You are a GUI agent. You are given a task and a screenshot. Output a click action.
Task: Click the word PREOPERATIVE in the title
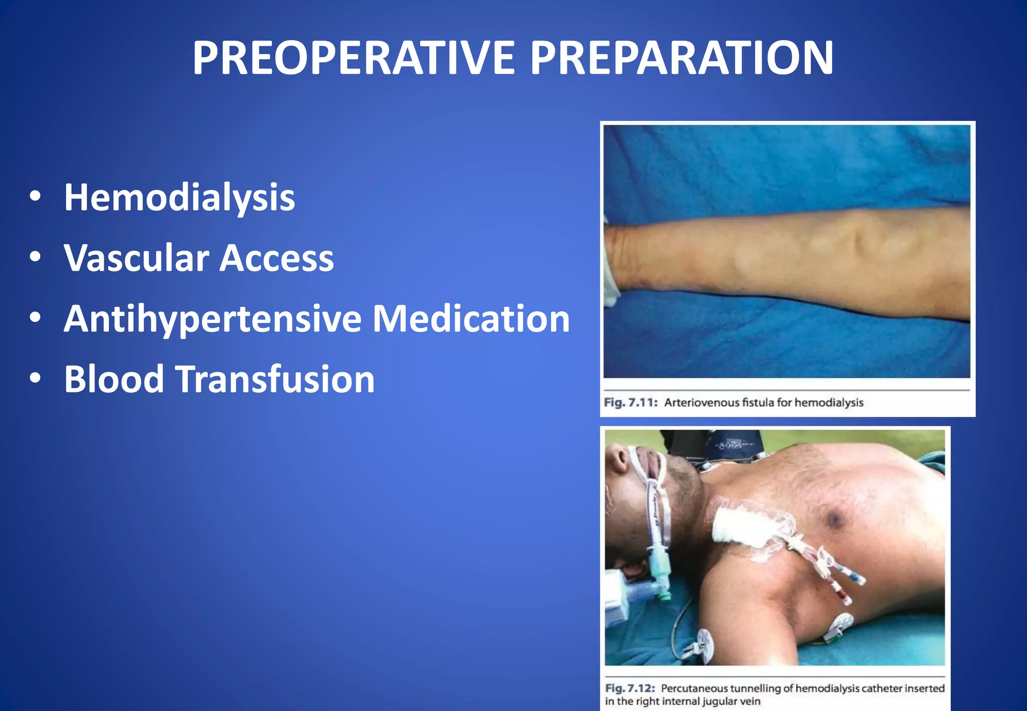[354, 59]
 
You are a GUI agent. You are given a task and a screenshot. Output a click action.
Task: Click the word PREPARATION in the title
[681, 59]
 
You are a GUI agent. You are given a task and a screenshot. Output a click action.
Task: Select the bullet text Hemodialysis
[179, 198]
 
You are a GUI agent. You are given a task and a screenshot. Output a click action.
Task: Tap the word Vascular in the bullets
[136, 258]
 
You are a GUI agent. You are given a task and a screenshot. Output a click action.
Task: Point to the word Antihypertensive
[213, 319]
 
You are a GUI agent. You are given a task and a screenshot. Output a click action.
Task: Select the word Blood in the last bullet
[114, 379]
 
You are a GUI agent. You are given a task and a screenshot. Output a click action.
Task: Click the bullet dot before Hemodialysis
[35, 197]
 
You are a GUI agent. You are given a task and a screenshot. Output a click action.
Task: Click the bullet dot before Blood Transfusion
[35, 378]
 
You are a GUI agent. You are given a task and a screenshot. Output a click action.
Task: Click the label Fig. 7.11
[630, 403]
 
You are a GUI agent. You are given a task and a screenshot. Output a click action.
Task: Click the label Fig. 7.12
[630, 688]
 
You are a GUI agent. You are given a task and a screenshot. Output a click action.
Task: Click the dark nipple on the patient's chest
[834, 519]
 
